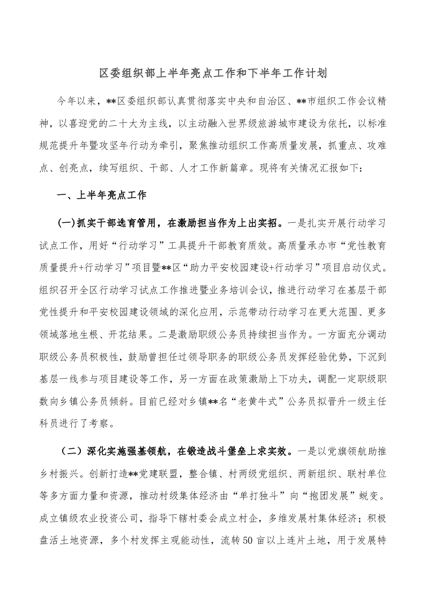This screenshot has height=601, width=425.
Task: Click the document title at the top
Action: (x=212, y=72)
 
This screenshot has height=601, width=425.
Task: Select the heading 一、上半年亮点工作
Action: (x=101, y=196)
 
